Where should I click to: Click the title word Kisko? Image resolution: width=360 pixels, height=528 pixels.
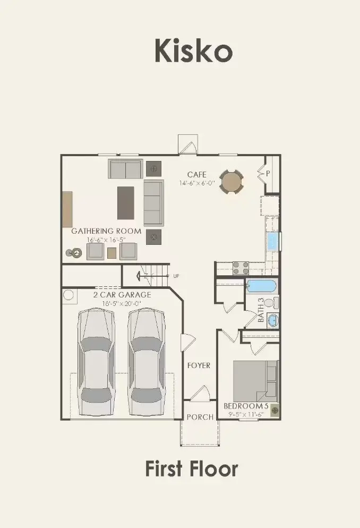pos(193,51)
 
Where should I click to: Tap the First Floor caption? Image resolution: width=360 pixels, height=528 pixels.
pos(191,469)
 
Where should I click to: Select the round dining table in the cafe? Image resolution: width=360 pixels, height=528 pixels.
pos(232,182)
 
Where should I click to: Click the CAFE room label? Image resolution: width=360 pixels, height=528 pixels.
pos(196,174)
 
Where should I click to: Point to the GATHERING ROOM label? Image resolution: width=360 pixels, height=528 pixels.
pos(106,231)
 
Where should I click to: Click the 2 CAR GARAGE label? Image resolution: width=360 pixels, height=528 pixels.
pos(122,295)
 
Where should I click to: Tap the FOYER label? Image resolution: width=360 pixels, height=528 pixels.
pos(199,365)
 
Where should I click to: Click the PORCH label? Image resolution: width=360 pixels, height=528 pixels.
pos(200,417)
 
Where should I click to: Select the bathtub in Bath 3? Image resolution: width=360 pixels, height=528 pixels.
pos(261,286)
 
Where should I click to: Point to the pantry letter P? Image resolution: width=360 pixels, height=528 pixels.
pos(268,173)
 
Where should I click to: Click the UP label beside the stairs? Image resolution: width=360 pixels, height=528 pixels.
pos(176,276)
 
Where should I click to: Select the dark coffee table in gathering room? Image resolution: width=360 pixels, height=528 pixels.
pos(126,202)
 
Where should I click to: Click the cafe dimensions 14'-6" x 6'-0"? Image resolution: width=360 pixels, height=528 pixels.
pos(196,183)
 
